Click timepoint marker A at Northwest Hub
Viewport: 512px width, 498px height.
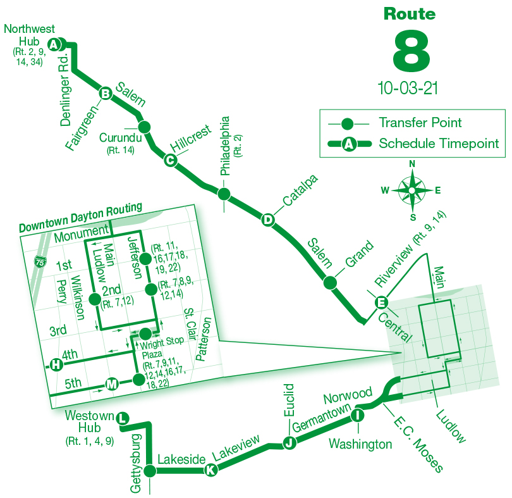(55, 44)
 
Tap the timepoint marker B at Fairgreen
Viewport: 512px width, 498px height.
(106, 94)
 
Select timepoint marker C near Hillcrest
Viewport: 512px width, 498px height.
(169, 160)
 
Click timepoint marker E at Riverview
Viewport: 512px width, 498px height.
(381, 302)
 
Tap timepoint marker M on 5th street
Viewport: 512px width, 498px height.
(111, 384)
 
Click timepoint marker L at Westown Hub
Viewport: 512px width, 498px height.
(123, 418)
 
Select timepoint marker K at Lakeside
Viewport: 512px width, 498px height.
(210, 470)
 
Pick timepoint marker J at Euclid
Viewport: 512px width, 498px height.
(290, 442)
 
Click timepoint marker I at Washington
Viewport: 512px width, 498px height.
(357, 415)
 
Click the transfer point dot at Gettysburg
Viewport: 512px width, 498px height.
(150, 471)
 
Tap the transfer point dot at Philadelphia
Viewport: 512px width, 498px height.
(222, 192)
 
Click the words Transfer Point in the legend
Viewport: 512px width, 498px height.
(420, 123)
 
